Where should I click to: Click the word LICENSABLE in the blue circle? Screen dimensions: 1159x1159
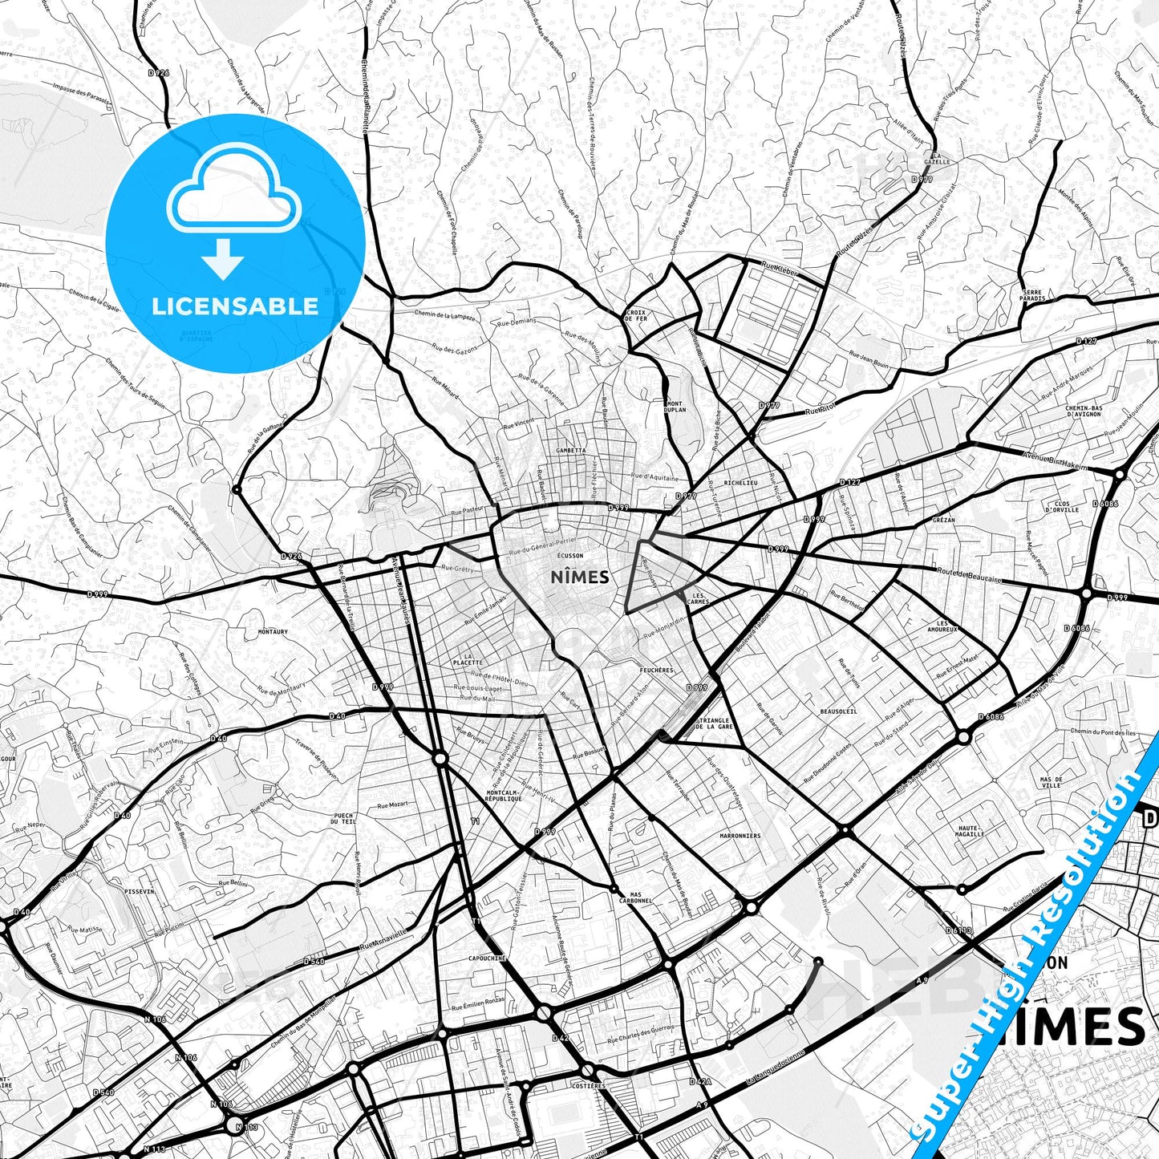235,306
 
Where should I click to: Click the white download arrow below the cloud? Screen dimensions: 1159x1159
223,259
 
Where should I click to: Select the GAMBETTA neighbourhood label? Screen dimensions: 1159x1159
570,451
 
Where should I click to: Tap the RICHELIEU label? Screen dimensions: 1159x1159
740,484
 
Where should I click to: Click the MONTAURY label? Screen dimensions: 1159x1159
273,632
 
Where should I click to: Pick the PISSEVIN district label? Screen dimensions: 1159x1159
139,890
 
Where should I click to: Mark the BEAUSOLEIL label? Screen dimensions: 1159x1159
838,711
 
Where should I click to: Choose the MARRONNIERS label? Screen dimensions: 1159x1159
740,836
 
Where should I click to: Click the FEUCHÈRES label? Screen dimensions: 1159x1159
657,670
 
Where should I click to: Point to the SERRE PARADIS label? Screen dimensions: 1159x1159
1033,295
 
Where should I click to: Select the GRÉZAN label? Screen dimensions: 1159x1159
943,520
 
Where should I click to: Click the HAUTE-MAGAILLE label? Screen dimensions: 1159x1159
970,831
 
